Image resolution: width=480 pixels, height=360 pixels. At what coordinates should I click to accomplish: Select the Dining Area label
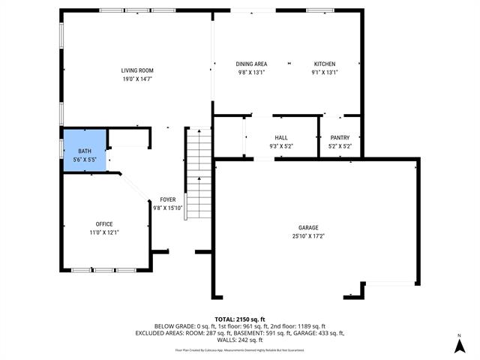pyautogui.click(x=251, y=64)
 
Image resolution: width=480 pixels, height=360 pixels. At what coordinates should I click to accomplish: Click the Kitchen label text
pyautogui.click(x=325, y=64)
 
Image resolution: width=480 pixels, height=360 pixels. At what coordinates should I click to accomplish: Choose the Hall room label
pyautogui.click(x=281, y=138)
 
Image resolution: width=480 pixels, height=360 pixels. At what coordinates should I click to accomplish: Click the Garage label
pyautogui.click(x=308, y=227)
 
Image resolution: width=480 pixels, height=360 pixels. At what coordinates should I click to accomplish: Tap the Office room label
pyautogui.click(x=104, y=224)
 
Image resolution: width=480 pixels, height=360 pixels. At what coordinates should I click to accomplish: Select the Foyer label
pyautogui.click(x=168, y=199)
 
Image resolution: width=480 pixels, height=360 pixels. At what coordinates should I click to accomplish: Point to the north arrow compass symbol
pyautogui.click(x=458, y=346)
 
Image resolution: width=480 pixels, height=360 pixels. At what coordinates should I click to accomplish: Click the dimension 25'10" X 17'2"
pyautogui.click(x=308, y=236)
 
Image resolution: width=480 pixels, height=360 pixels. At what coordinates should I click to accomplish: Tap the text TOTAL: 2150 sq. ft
pyautogui.click(x=239, y=319)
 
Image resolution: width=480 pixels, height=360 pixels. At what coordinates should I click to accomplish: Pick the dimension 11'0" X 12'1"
pyautogui.click(x=104, y=233)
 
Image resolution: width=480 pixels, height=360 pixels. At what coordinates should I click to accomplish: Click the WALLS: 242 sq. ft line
pyautogui.click(x=239, y=339)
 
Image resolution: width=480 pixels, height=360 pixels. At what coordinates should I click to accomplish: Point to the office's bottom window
pyautogui.click(x=104, y=269)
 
